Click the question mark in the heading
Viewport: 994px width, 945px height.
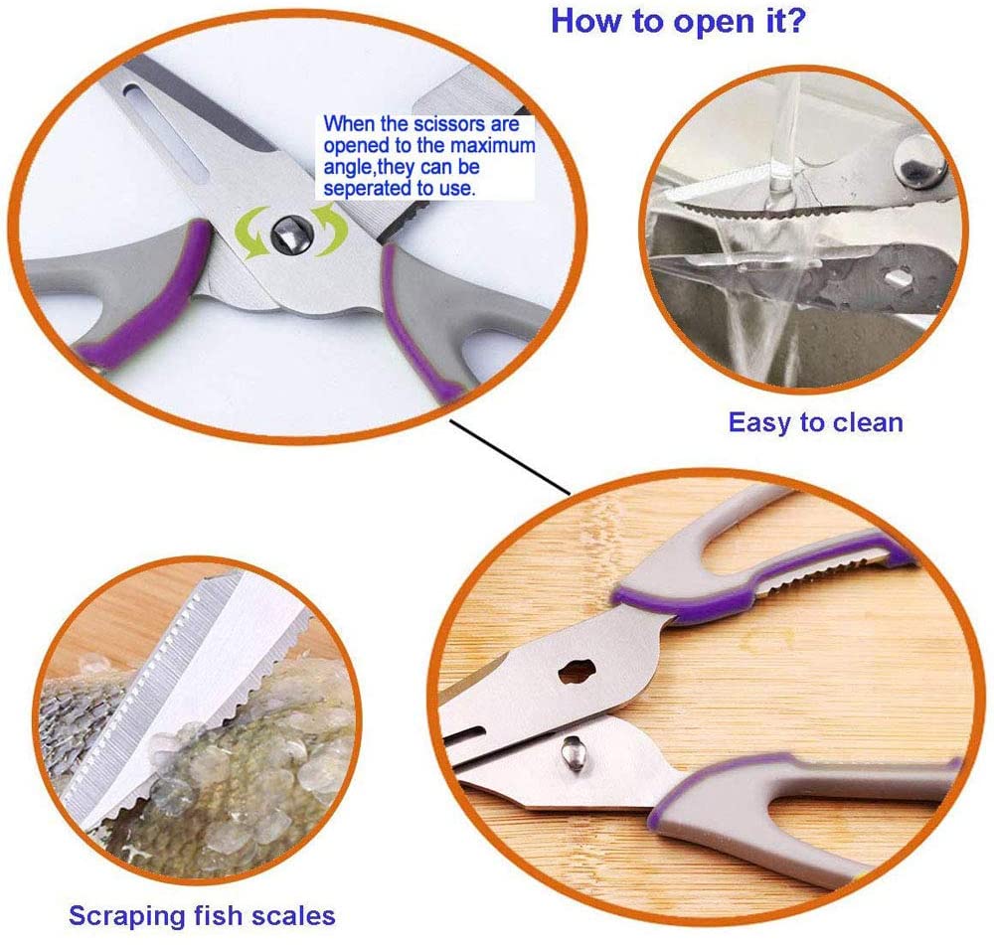pyautogui.click(x=796, y=20)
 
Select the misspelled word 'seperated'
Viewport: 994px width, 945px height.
pyautogui.click(x=368, y=188)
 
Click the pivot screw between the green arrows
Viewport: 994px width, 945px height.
pyautogui.click(x=291, y=234)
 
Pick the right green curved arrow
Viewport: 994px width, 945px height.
pyautogui.click(x=333, y=229)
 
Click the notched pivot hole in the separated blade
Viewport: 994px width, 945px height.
pyautogui.click(x=577, y=671)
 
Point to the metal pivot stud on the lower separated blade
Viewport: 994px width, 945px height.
pyautogui.click(x=574, y=753)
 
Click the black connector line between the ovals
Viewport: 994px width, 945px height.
pyautogui.click(x=510, y=456)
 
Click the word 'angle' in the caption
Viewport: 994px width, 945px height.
pyautogui.click(x=349, y=168)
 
